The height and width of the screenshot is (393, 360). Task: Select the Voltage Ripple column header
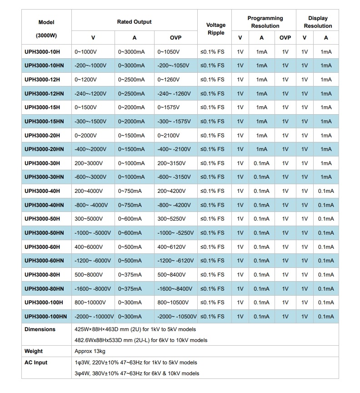click(x=215, y=29)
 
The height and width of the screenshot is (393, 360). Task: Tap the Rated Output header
click(x=134, y=22)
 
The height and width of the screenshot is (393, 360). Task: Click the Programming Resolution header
click(x=265, y=22)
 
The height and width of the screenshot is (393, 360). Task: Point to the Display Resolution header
click(x=318, y=22)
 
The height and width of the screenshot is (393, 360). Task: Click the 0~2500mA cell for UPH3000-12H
click(x=131, y=80)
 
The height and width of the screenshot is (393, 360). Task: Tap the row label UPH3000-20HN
click(x=44, y=149)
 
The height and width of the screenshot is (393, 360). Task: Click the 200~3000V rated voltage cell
click(x=90, y=163)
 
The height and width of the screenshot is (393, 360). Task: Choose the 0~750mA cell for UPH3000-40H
click(x=130, y=191)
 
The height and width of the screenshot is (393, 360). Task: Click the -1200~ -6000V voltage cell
click(x=93, y=261)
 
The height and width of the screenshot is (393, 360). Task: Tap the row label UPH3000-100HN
click(x=45, y=317)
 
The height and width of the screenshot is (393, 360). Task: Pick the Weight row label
click(x=34, y=351)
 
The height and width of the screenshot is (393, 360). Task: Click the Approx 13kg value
click(x=90, y=351)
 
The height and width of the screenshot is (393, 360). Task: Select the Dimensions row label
click(x=40, y=329)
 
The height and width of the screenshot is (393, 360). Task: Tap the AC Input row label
click(x=36, y=363)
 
